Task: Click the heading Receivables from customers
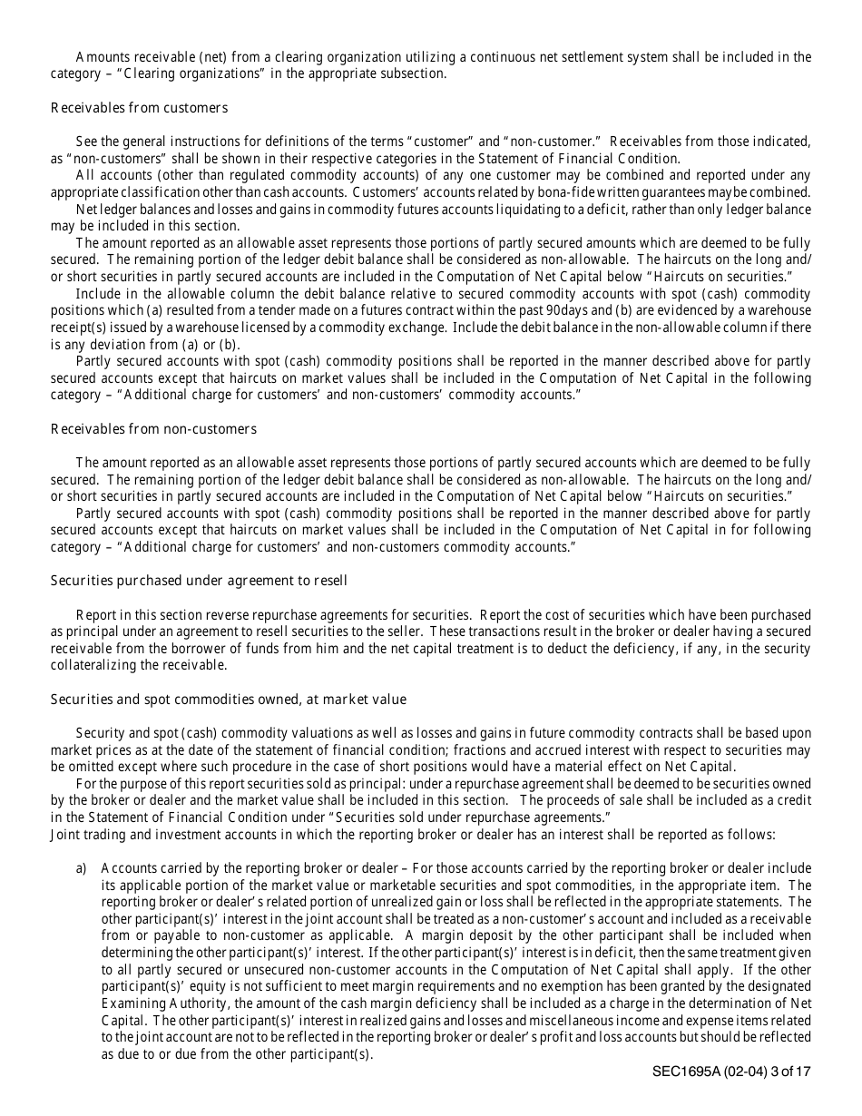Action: click(x=139, y=108)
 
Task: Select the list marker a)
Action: click(x=82, y=868)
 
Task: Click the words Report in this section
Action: click(x=127, y=615)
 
